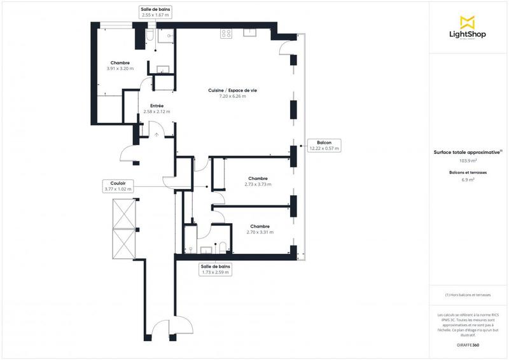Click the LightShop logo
point(468,29)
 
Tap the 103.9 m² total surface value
point(468,161)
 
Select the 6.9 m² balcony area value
point(468,180)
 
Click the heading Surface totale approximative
point(468,152)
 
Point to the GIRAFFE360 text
point(468,344)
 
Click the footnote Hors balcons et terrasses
point(468,295)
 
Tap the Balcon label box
point(324,145)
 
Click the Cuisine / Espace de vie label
point(232,93)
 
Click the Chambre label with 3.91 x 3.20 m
point(120,66)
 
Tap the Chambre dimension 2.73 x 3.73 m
point(258,184)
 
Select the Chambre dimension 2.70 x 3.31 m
point(260,232)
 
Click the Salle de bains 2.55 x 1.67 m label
point(155,11)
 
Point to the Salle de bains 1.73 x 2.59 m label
point(215,269)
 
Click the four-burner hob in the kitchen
point(226,34)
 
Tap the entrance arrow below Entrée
point(157,134)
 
